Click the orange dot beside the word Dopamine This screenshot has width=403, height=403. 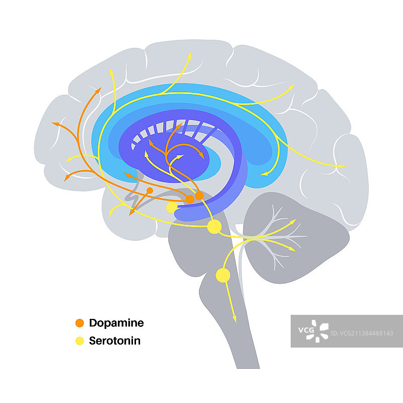click(x=79, y=323)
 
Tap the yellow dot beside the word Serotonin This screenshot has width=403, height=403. click(x=79, y=341)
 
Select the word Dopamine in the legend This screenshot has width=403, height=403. click(x=116, y=323)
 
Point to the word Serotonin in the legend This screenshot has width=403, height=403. click(x=115, y=341)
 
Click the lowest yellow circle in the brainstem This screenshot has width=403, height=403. click(x=223, y=275)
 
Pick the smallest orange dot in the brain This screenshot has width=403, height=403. click(x=150, y=190)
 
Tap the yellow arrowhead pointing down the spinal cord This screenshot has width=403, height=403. click(x=234, y=318)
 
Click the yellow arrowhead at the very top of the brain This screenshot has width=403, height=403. click(x=189, y=54)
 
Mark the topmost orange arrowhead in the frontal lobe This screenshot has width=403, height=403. click(x=98, y=90)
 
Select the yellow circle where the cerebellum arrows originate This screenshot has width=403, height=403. click(x=215, y=227)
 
